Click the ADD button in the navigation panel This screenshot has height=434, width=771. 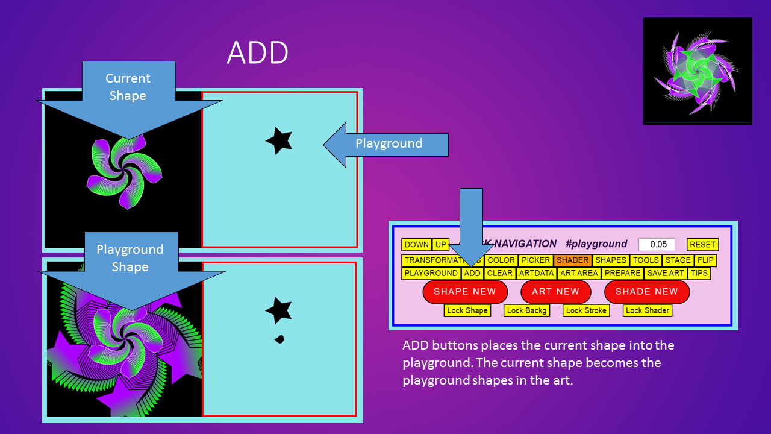[472, 273]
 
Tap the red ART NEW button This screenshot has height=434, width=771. [555, 292]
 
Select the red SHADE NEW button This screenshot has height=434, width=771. [646, 292]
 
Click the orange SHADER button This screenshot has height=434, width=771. [572, 260]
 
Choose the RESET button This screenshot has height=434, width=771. [702, 245]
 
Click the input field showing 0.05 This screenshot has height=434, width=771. [657, 245]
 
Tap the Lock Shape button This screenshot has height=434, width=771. [467, 310]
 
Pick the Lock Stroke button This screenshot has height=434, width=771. [587, 310]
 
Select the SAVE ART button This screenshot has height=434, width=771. [665, 273]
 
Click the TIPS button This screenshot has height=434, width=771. [699, 273]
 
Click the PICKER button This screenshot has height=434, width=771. [535, 260]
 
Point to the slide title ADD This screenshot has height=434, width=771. [257, 54]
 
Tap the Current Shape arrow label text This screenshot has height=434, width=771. [128, 87]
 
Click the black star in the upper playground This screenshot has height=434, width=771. [279, 141]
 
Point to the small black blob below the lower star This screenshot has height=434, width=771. [279, 339]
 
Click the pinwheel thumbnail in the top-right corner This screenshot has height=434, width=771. [698, 71]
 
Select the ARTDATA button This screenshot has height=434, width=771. [536, 273]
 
